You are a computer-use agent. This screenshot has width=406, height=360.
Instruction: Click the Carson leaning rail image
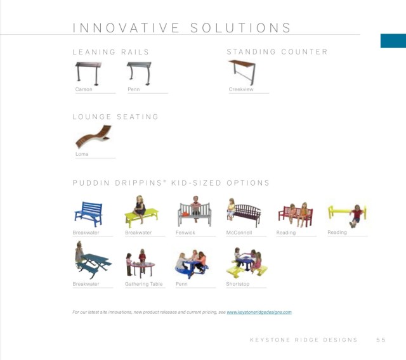[89, 74]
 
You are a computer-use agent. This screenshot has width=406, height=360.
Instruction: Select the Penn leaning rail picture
[140, 74]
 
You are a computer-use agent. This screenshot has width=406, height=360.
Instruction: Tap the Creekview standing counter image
[242, 72]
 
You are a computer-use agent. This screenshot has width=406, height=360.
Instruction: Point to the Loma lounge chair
[94, 136]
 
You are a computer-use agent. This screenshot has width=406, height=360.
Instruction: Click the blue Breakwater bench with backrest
[89, 214]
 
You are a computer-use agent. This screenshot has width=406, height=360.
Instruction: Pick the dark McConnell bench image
[244, 214]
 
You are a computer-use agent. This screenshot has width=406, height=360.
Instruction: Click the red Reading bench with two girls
[296, 215]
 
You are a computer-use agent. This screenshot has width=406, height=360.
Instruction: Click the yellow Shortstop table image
[247, 263]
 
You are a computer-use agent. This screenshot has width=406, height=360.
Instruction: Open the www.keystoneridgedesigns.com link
[259, 312]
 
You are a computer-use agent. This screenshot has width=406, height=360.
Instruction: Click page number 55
[381, 340]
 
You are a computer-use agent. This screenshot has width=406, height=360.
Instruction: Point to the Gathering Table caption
[144, 284]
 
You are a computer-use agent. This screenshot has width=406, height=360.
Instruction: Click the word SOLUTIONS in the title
[241, 28]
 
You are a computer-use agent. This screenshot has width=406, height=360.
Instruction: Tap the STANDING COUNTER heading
[277, 52]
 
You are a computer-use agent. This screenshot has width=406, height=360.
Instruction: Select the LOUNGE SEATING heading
[115, 117]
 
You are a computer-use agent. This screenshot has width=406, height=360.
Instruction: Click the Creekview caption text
[241, 89]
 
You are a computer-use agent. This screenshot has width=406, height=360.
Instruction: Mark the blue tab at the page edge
[393, 41]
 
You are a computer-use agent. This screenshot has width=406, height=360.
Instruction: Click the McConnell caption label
[239, 233]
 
